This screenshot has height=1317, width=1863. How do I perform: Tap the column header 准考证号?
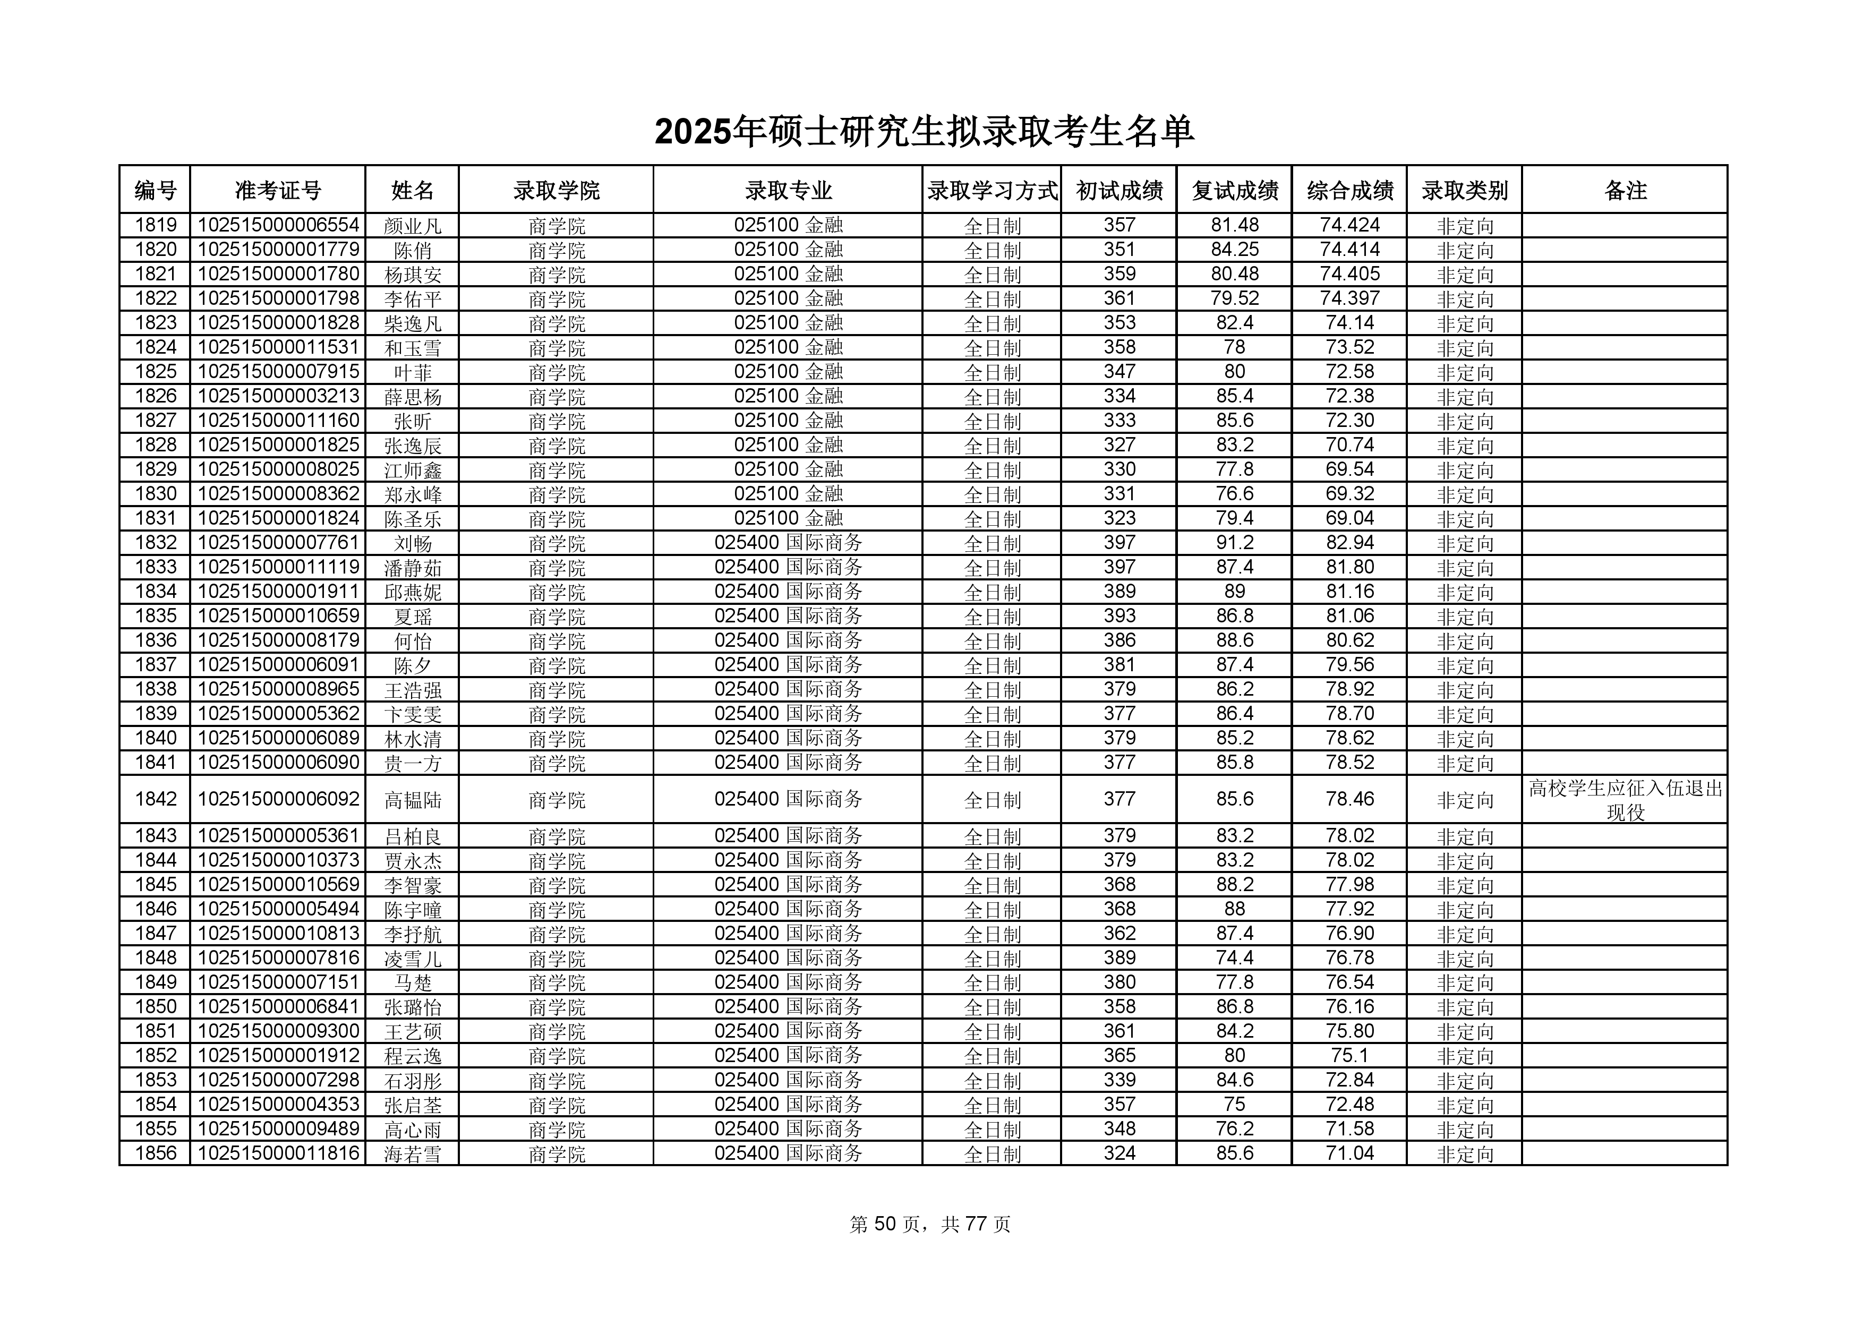click(x=278, y=191)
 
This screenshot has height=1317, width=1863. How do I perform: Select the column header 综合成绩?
click(x=1349, y=191)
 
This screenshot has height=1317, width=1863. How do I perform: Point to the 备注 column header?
click(x=1625, y=191)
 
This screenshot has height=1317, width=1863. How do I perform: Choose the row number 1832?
click(x=155, y=543)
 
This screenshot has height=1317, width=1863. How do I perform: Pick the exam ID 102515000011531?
click(x=278, y=347)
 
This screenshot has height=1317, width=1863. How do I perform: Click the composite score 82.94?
click(x=1349, y=543)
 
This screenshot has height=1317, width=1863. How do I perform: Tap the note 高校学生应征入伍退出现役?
click(x=1625, y=800)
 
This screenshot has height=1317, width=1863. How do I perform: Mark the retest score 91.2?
click(x=1234, y=543)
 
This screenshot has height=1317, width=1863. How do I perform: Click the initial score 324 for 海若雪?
click(x=1119, y=1153)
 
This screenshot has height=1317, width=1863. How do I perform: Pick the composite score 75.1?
click(x=1349, y=1056)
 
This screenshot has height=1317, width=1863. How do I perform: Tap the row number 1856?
click(x=155, y=1153)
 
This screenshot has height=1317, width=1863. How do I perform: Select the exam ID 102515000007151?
click(x=278, y=982)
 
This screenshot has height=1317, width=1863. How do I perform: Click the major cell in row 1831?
click(x=788, y=518)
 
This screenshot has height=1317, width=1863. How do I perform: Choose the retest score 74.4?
click(x=1234, y=959)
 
